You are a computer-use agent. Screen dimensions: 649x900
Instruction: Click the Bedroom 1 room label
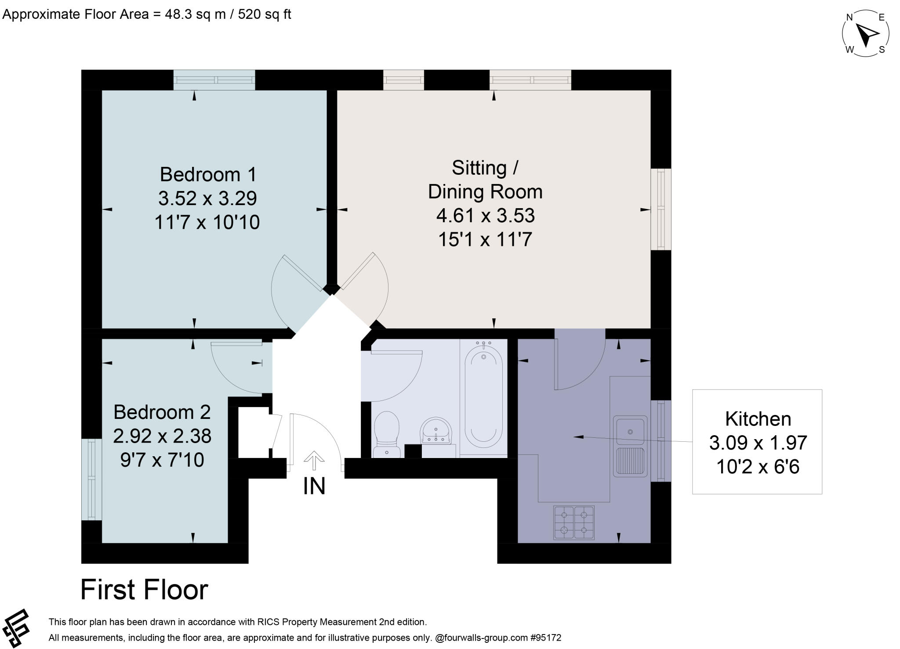pyautogui.click(x=207, y=174)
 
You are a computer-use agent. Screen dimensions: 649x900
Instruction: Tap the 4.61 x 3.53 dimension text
pyautogui.click(x=485, y=216)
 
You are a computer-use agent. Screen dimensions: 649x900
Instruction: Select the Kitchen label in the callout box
pyautogui.click(x=758, y=419)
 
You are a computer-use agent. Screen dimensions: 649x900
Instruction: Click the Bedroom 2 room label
pyautogui.click(x=162, y=412)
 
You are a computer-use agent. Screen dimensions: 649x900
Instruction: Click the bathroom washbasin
pyautogui.click(x=435, y=430)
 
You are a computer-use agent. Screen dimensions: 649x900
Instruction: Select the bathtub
pyautogui.click(x=483, y=397)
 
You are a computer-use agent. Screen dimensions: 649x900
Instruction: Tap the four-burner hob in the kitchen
pyautogui.click(x=574, y=523)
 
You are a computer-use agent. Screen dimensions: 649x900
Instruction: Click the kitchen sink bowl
pyautogui.click(x=630, y=432)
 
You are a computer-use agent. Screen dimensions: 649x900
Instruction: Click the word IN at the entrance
pyautogui.click(x=314, y=486)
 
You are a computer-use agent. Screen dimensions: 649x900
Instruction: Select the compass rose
pyautogui.click(x=865, y=34)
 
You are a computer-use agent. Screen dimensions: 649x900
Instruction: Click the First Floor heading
pyautogui.click(x=144, y=590)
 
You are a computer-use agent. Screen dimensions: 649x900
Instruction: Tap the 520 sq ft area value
pyautogui.click(x=265, y=14)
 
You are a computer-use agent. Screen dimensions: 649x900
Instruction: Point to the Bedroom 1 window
pyautogui.click(x=214, y=80)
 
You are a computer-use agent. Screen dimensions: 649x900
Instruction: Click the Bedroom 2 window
pyautogui.click(x=91, y=480)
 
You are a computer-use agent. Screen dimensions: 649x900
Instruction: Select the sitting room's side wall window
pyautogui.click(x=660, y=209)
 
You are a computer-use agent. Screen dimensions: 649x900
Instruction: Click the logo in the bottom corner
pyautogui.click(x=16, y=628)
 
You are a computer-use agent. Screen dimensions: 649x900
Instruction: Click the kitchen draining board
pyautogui.click(x=630, y=461)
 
